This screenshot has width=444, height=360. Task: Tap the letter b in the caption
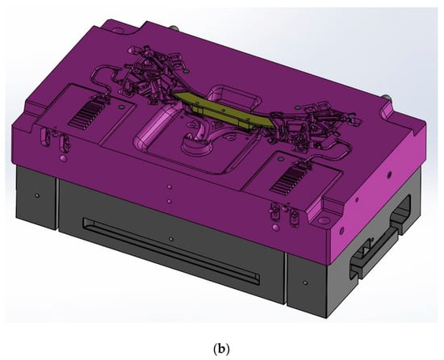pos(221,349)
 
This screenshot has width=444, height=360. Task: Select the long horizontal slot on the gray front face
pos(171,250)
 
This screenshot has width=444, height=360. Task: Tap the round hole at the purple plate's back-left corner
pos(118,29)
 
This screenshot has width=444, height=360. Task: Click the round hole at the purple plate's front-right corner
pos(323,220)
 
